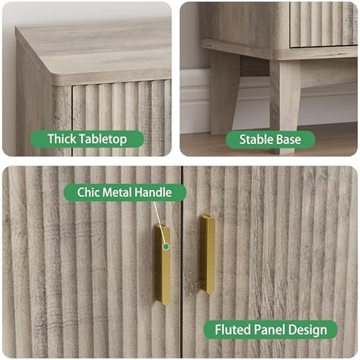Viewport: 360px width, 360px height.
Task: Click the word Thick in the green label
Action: [62, 139]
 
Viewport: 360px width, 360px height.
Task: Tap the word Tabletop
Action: [103, 140]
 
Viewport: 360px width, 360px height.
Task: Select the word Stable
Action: [256, 140]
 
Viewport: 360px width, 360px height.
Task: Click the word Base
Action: [289, 140]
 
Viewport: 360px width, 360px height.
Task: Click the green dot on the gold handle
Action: [166, 246]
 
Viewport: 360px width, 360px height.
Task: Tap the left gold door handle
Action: [163, 265]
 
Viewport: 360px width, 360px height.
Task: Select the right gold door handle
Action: [207, 255]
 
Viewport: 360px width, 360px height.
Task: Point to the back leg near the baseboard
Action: [225, 93]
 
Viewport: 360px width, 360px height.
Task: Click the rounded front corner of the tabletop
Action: [53, 74]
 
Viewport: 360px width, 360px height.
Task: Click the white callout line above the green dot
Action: [160, 223]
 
